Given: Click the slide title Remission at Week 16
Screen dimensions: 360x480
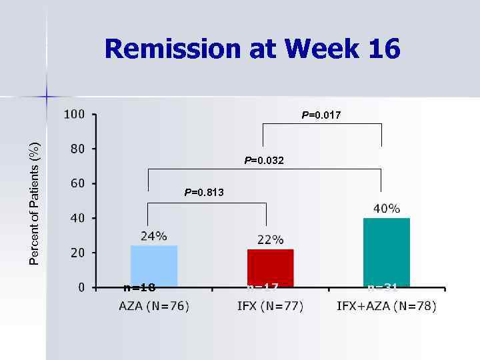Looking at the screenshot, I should point(252,49).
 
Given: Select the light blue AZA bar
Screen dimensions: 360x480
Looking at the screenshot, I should point(154,266).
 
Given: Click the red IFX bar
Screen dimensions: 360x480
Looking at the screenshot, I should point(270,268).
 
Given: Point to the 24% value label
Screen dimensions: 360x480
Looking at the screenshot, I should point(153,236).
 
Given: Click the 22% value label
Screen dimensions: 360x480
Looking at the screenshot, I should point(270,240).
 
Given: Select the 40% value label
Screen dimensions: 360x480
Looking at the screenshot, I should point(387,209).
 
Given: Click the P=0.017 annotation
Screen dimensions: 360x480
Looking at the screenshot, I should point(321,115).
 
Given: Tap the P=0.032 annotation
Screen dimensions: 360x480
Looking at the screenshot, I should point(264,160).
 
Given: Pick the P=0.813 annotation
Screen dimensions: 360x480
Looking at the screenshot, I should point(204,192).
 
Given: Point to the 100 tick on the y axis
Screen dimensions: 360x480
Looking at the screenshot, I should point(74,114).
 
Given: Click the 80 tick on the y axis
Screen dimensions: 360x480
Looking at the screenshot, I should point(77,149).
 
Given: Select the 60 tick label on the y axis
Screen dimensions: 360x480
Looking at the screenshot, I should point(77,183).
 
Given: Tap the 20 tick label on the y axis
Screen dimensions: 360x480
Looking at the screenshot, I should point(77,253).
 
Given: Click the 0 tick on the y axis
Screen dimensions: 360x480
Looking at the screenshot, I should point(81,287).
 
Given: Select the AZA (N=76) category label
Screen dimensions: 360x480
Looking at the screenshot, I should point(154,306).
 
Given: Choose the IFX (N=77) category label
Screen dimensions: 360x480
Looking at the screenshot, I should point(270,306).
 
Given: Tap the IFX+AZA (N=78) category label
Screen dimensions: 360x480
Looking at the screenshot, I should point(387,306).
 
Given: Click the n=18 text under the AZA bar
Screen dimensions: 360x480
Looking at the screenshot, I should point(139,288).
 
